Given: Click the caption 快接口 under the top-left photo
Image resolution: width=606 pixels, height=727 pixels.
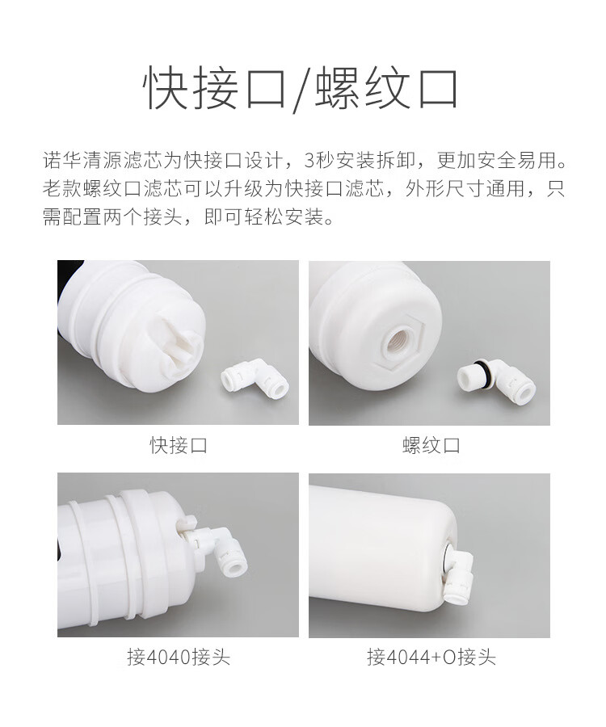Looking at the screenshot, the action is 178,446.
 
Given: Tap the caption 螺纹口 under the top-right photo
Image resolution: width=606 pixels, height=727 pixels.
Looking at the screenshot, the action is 431,446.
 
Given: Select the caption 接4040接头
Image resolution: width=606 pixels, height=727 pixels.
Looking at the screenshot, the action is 179,657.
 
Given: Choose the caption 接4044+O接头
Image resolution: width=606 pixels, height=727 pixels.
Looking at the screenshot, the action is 431,657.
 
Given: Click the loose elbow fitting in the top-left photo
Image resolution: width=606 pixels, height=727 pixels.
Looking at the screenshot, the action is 255,377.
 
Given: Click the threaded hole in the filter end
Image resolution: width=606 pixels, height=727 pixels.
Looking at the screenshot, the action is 400,342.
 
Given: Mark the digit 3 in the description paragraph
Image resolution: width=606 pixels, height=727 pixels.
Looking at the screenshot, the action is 309,160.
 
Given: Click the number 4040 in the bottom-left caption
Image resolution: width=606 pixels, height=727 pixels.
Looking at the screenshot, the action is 168,657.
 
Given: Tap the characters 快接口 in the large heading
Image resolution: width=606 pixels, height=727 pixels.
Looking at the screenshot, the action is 214,88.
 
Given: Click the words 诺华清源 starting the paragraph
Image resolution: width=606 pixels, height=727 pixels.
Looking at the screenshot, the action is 82,160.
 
